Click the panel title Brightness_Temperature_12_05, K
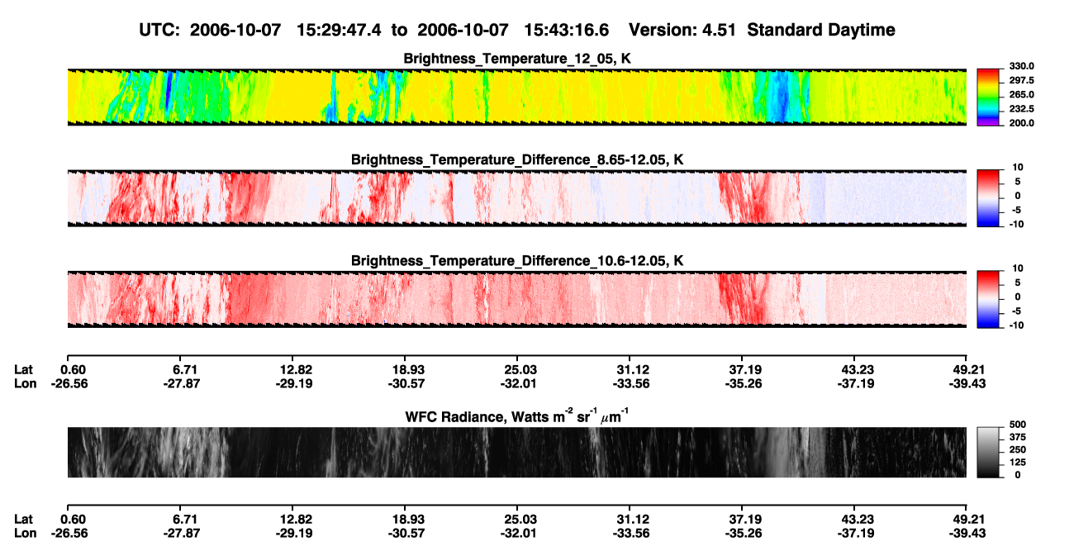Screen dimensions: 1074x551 pyautogui.click(x=517, y=59)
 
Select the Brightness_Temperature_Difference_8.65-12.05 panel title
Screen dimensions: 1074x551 pyautogui.click(x=517, y=159)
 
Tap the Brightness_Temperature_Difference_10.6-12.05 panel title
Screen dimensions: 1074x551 pyautogui.click(x=517, y=261)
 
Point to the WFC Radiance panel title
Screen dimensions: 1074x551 pyautogui.click(x=517, y=416)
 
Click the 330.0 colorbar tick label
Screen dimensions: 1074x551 pyautogui.click(x=1021, y=66)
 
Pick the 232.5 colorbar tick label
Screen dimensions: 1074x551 pyautogui.click(x=1021, y=109)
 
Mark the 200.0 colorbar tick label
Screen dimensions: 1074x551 pyautogui.click(x=1021, y=123)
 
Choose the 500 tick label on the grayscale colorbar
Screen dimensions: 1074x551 pyautogui.click(x=1018, y=425)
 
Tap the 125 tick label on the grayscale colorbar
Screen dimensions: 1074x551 pyautogui.click(x=1018, y=463)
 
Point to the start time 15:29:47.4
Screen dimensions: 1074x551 pyautogui.click(x=339, y=30)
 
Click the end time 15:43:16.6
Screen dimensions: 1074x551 pyautogui.click(x=566, y=30)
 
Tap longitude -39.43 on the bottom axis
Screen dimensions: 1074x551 pyautogui.click(x=967, y=534)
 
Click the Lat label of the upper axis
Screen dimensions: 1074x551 pyautogui.click(x=23, y=370)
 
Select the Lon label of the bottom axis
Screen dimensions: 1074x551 pyautogui.click(x=26, y=534)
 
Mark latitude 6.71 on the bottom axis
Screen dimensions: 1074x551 pyautogui.click(x=185, y=520)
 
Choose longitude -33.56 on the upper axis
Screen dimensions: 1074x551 pyautogui.click(x=631, y=383)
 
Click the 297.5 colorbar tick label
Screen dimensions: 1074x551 pyautogui.click(x=1021, y=80)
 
